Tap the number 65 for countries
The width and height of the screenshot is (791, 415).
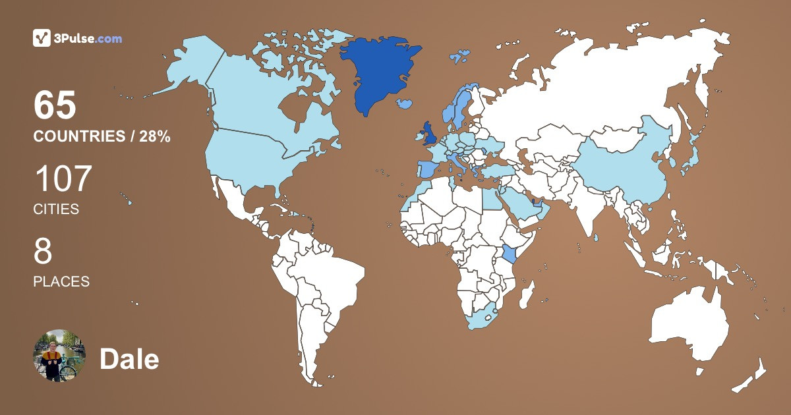pos(55,105)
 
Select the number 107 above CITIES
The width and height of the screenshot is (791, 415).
pos(63,179)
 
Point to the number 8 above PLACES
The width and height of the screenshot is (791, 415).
pos(43,252)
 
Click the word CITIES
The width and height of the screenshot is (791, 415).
pos(56,209)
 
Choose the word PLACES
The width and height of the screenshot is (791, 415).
pos(61,281)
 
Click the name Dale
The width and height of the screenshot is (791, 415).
pos(129,360)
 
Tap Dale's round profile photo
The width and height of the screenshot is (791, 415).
pos(59,356)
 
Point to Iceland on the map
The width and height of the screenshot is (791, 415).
pos(405,103)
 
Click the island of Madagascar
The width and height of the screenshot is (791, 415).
pos(526,294)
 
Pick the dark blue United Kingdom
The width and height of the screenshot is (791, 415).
pos(429,134)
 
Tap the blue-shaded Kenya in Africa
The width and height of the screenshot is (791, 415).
pos(508,254)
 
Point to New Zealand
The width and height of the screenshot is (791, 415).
pos(751,379)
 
